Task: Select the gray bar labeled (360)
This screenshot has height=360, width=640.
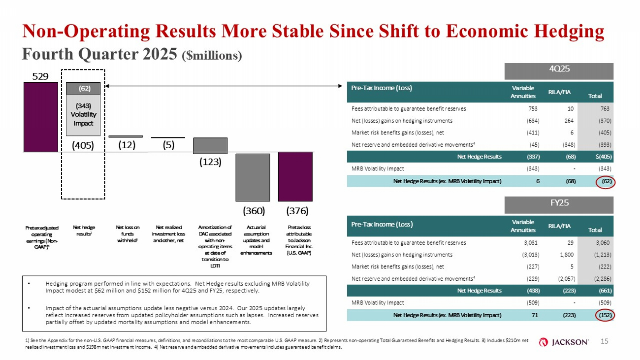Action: tap(252, 177)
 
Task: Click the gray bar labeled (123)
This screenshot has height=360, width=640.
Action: tap(210, 146)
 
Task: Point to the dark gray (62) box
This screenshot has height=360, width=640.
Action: tap(83, 89)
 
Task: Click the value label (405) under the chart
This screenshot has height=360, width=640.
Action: tap(83, 146)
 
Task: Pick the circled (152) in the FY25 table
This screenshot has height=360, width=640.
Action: tap(606, 315)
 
